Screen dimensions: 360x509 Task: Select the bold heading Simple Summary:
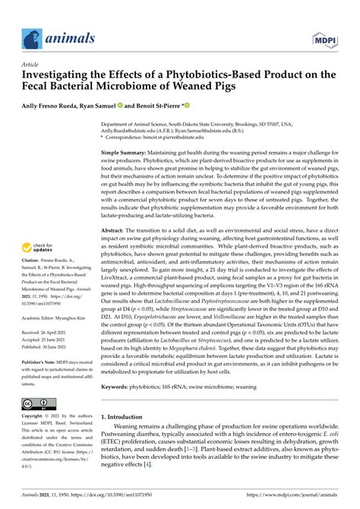pyautogui.click(x=129, y=153)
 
